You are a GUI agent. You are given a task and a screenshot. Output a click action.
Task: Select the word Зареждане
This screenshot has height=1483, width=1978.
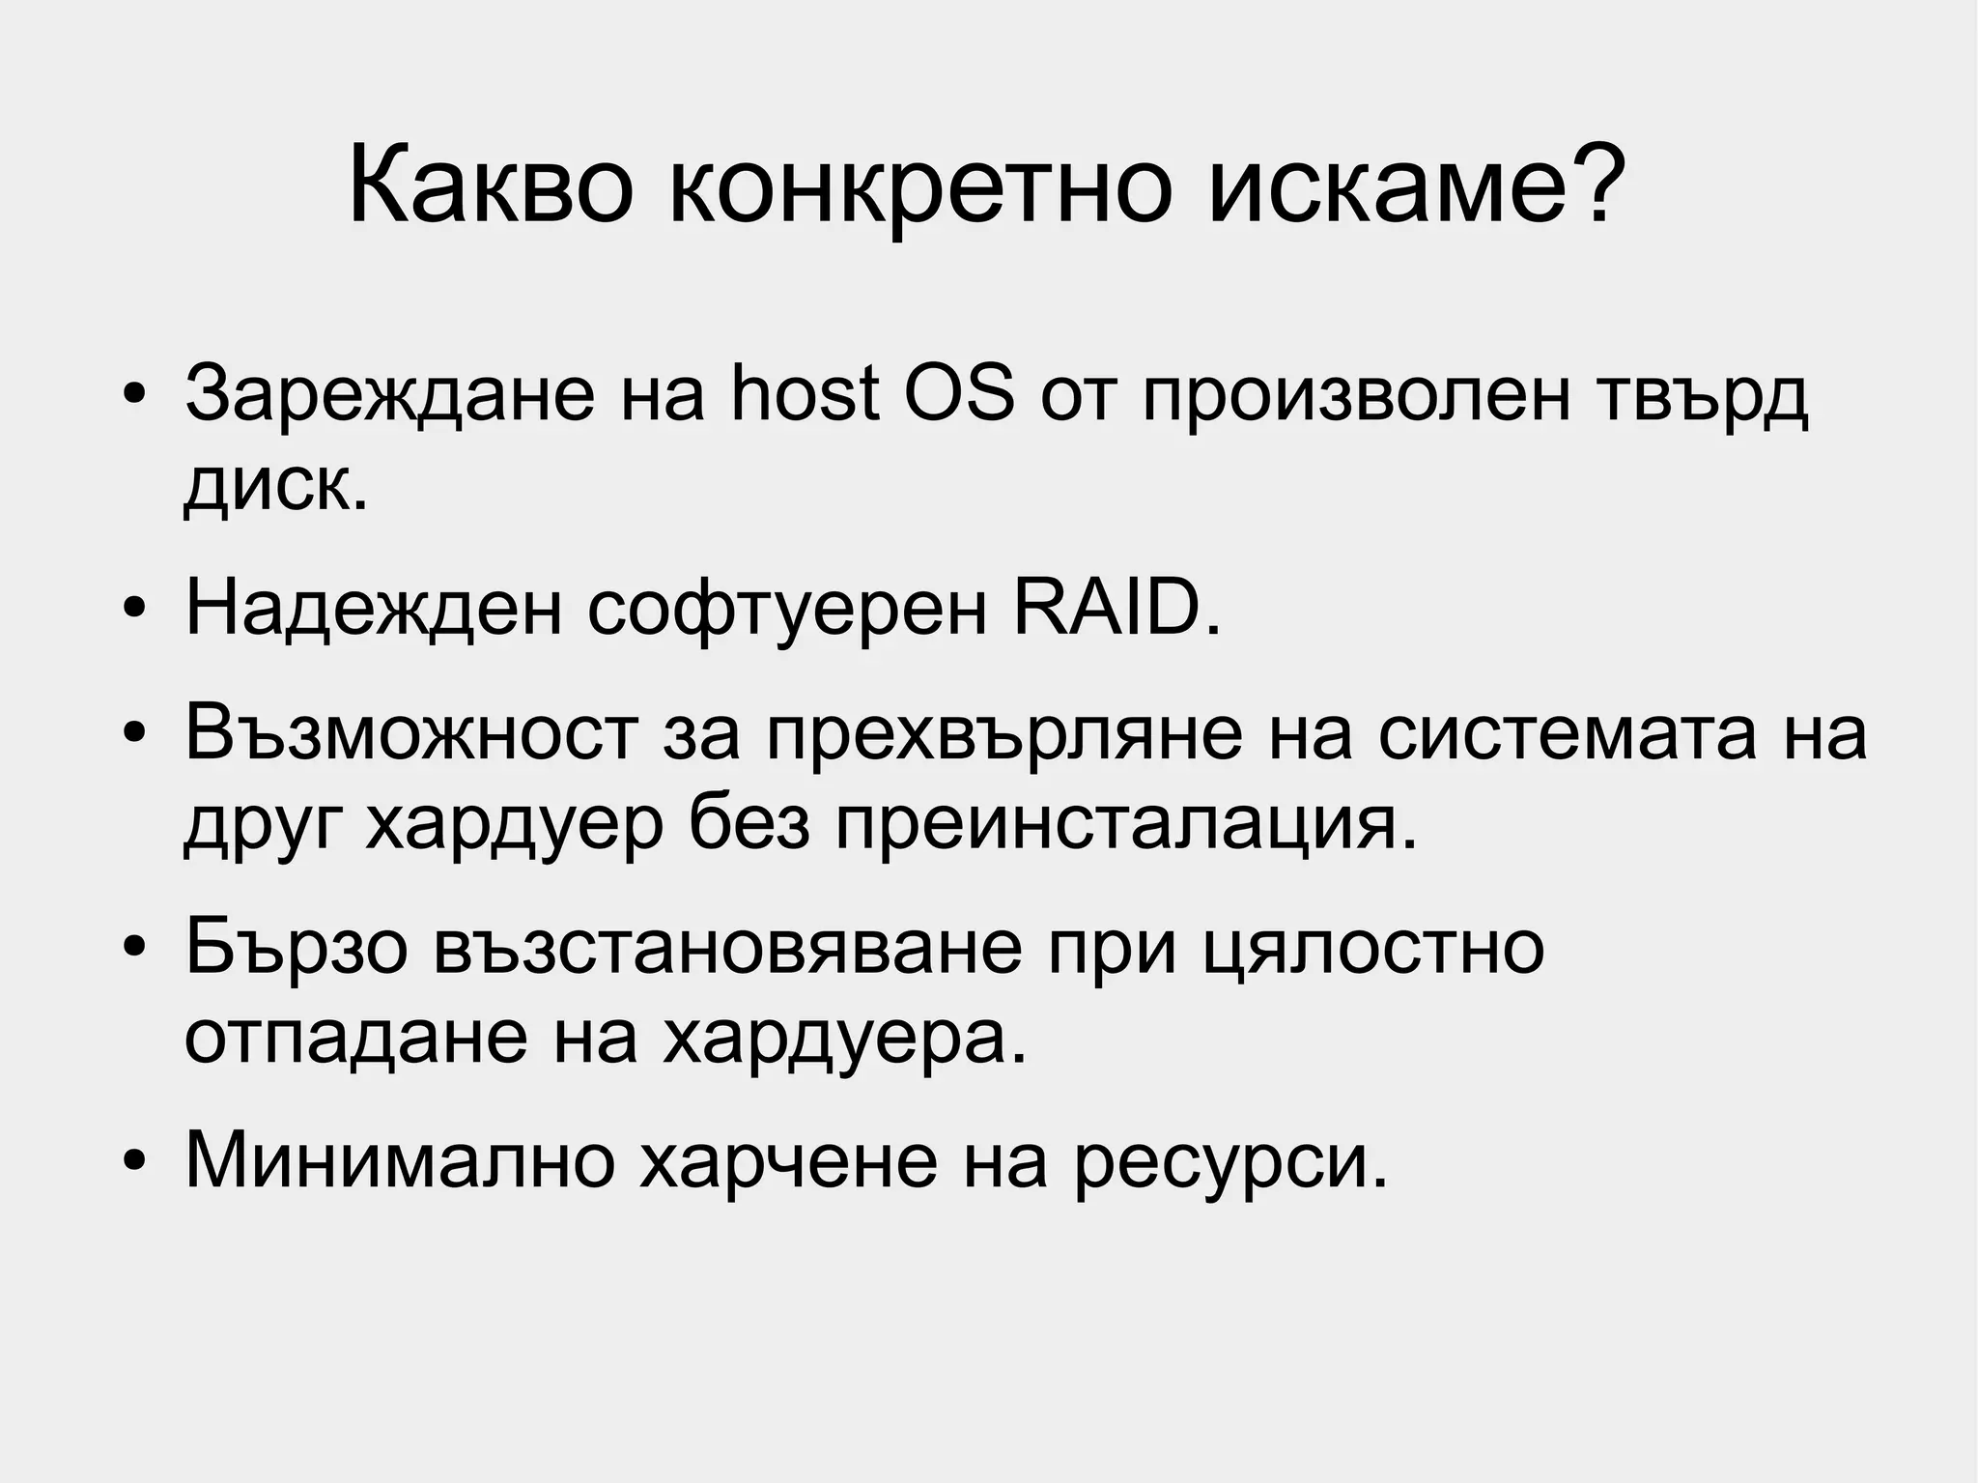[389, 395]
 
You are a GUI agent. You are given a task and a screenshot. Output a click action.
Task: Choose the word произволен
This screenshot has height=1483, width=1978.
[1357, 395]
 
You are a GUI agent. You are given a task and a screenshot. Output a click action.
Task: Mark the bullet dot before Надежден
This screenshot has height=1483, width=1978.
[134, 612]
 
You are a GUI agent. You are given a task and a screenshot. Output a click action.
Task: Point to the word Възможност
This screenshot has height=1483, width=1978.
[410, 734]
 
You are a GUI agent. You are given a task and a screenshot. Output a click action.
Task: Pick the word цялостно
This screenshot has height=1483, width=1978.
[1374, 950]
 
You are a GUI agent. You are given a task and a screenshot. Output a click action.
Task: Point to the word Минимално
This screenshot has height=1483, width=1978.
[400, 1159]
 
